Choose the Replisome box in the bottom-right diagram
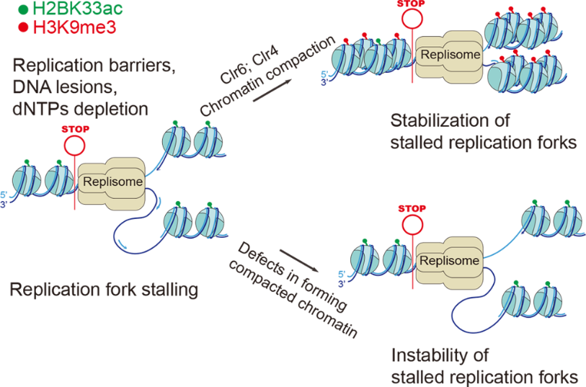click(450, 260)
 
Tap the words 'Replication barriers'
click(93, 68)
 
